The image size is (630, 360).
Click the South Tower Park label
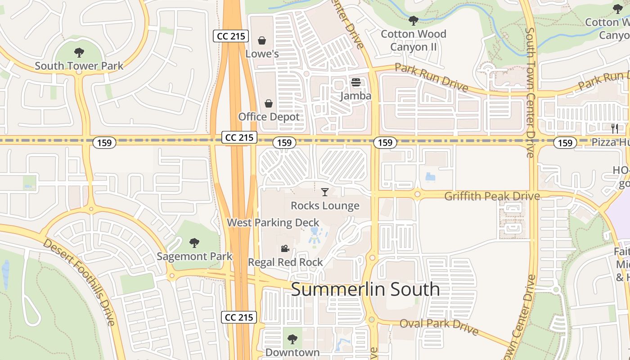pos(79,66)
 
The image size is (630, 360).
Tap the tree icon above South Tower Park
pos(79,53)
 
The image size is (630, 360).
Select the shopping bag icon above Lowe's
pos(262,41)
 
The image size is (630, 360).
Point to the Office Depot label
pos(269,117)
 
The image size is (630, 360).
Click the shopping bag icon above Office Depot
pos(269,104)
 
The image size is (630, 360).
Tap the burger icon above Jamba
pos(356,83)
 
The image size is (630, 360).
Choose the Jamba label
pos(356,96)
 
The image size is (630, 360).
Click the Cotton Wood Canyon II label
pos(414,40)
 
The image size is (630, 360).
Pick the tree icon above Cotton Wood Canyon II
pos(414,21)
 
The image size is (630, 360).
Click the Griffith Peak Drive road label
pos(492,196)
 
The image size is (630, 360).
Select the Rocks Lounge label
pos(325,206)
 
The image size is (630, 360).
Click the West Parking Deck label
pos(273,222)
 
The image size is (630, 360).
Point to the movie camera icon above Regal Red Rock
pos(285,249)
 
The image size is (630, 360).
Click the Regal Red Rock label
pos(285,262)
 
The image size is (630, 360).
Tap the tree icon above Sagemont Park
pos(194,243)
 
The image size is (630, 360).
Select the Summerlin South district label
pos(365,289)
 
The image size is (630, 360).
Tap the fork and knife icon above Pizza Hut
pos(615,129)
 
